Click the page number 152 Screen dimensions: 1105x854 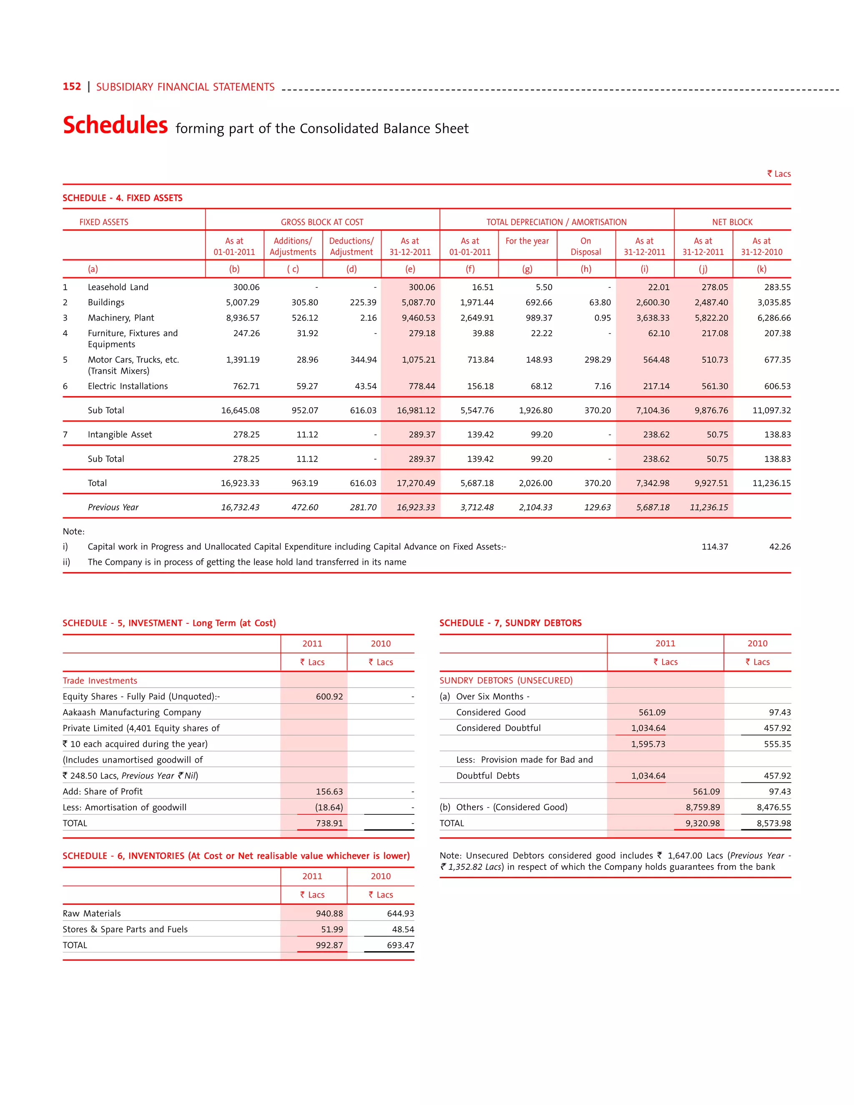click(x=71, y=86)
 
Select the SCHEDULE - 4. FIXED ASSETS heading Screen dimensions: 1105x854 click(x=123, y=198)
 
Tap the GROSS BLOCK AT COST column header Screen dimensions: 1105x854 click(x=322, y=222)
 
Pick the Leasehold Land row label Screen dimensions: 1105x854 click(x=118, y=287)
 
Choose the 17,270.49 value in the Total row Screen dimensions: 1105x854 click(x=415, y=483)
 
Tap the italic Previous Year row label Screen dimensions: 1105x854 click(x=113, y=507)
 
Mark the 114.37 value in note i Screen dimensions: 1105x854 click(x=714, y=546)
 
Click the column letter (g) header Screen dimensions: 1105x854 click(x=527, y=269)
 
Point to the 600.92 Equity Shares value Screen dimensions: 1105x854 click(x=329, y=696)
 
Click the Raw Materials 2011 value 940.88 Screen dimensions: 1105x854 click(x=329, y=913)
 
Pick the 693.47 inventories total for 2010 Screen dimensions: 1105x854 click(x=400, y=945)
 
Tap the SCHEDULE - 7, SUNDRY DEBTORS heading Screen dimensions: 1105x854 click(x=510, y=623)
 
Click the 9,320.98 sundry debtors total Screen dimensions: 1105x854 click(x=702, y=823)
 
